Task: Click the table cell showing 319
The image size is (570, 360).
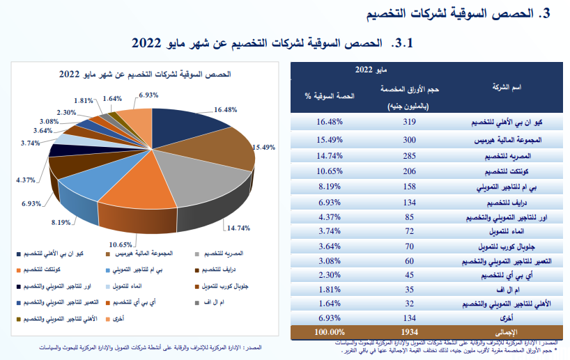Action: (409, 122)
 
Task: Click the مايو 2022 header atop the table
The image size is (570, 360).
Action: (372, 69)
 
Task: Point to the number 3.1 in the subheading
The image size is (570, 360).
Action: (403, 43)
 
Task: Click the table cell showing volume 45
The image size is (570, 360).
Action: (409, 276)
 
